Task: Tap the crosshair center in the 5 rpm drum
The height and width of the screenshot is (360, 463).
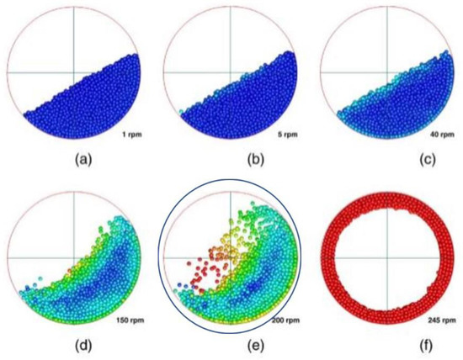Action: pyautogui.click(x=230, y=72)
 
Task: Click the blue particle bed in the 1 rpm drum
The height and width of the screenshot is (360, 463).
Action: pyautogui.click(x=93, y=105)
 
